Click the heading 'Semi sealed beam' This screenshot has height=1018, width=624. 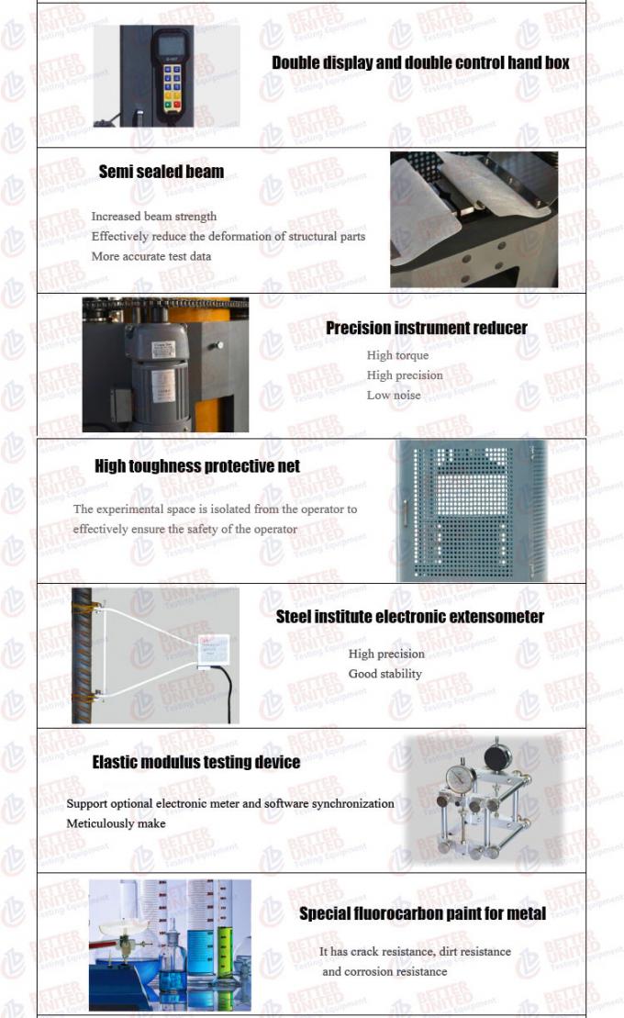tap(161, 172)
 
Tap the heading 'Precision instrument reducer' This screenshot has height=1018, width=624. tap(426, 329)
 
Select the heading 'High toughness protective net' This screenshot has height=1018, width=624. tap(196, 466)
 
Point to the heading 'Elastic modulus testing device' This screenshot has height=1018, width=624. tap(195, 763)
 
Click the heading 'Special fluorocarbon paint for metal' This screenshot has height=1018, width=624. tap(422, 913)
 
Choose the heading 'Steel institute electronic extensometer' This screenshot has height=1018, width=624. tap(409, 617)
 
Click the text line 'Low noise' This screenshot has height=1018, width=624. tap(394, 396)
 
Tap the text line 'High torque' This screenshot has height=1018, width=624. tap(397, 355)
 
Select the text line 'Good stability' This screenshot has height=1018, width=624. tap(384, 674)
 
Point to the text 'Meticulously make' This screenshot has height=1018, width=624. tap(116, 823)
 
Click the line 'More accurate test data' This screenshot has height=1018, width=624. tap(150, 256)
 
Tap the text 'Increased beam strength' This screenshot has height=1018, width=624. tap(153, 217)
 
